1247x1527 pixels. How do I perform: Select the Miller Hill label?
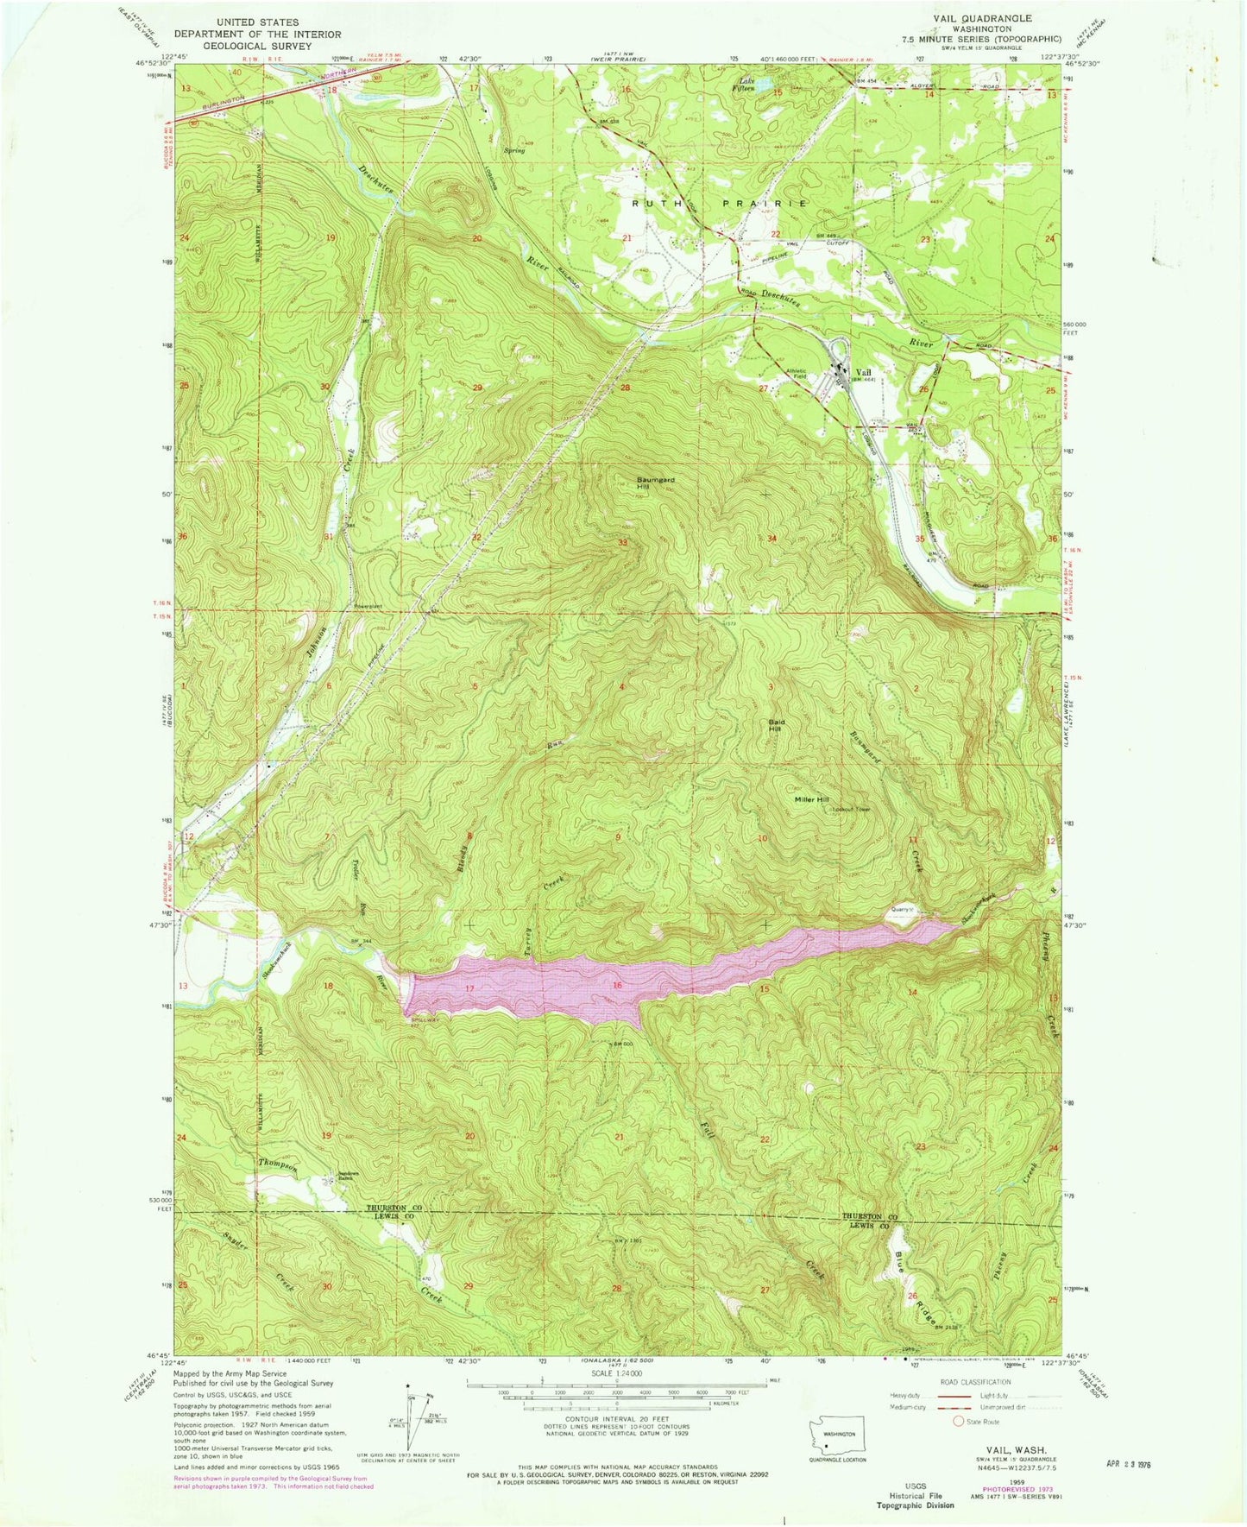coord(811,799)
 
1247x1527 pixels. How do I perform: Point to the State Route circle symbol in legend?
coord(957,1422)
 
